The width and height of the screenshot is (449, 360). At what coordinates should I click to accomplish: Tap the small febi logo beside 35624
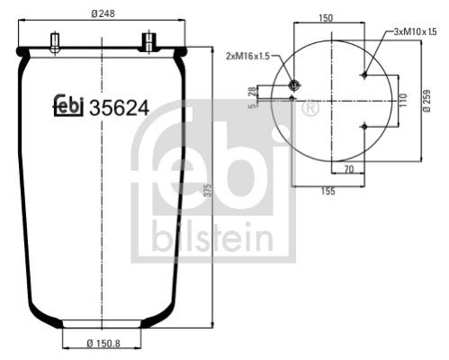pyautogui.click(x=65, y=106)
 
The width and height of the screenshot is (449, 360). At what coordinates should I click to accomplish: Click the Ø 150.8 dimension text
pyautogui.click(x=104, y=344)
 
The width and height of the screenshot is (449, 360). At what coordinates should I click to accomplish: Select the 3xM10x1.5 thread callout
pyautogui.click(x=414, y=31)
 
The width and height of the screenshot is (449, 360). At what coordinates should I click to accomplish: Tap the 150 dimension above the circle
pyautogui.click(x=327, y=17)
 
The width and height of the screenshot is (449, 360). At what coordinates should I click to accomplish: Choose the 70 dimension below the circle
pyautogui.click(x=346, y=167)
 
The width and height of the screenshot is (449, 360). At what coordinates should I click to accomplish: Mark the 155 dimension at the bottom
pyautogui.click(x=328, y=190)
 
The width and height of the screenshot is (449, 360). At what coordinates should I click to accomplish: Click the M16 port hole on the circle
pyautogui.click(x=293, y=85)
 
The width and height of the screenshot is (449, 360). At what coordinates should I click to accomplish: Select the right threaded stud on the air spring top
pyautogui.click(x=147, y=41)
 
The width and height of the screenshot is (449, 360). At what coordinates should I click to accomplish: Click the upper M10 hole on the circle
pyautogui.click(x=362, y=76)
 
